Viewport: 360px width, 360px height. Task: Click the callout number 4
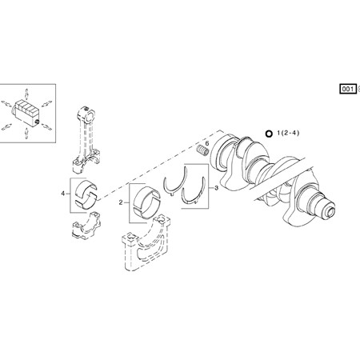62,193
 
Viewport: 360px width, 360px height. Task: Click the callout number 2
121,203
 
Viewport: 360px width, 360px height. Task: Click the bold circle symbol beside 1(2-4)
268,133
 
